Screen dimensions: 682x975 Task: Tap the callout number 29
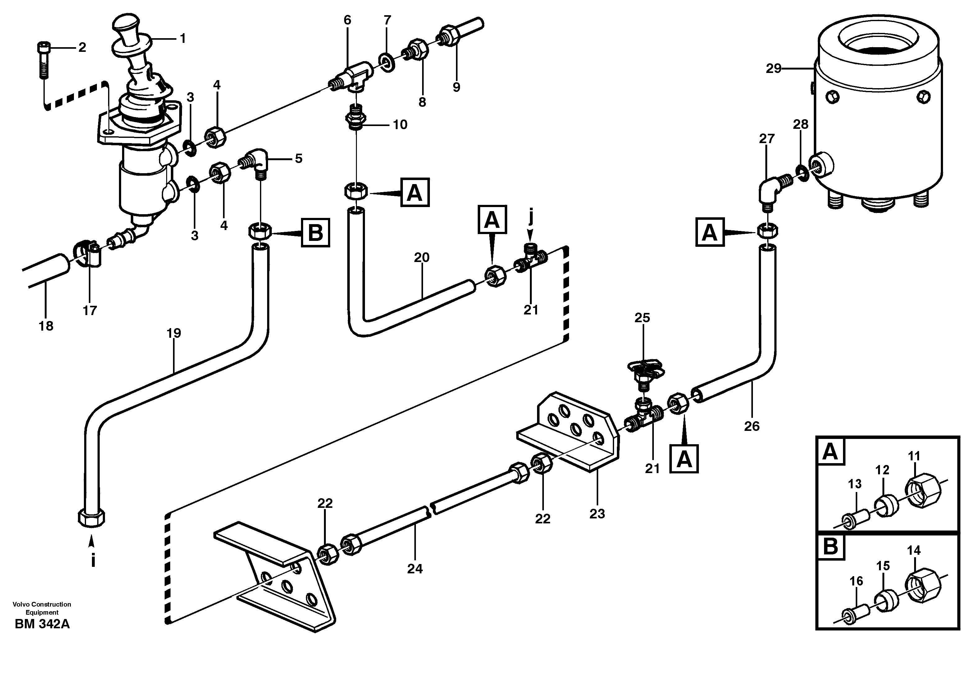coord(773,68)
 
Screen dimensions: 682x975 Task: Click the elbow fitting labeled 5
coord(257,161)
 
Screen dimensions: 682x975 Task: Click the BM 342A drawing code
coord(42,624)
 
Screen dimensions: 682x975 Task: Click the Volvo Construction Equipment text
coord(42,608)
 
